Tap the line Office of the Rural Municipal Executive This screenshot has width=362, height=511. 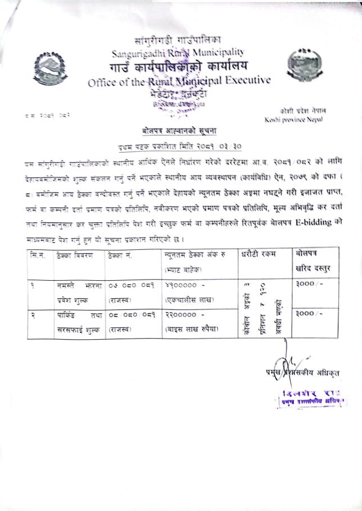click(179, 81)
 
